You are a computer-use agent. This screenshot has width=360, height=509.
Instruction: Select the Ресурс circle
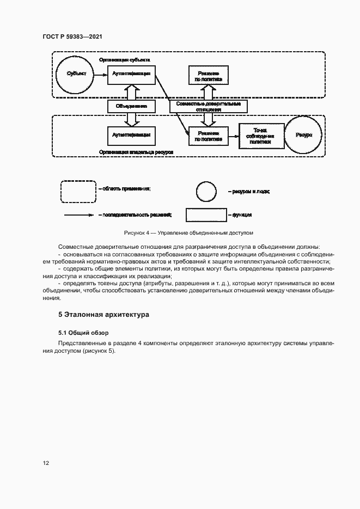[304, 134]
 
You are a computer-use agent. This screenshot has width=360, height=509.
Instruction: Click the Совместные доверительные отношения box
[208, 106]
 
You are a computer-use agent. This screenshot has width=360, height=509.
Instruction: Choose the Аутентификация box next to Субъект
[131, 73]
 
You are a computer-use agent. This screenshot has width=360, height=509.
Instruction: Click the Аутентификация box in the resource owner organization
[131, 134]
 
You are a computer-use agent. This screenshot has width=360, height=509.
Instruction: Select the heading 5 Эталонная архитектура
[103, 315]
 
